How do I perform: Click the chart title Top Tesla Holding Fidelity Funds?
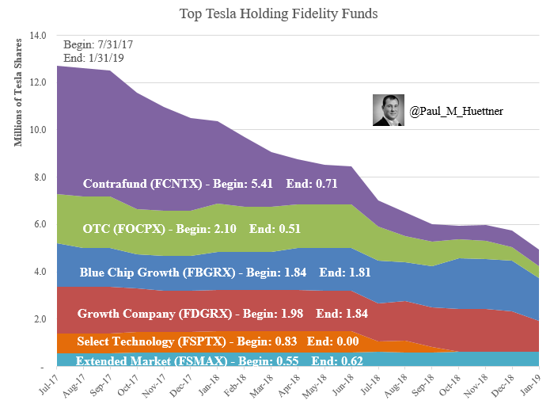tap(278, 13)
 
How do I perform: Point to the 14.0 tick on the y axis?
tap(38, 36)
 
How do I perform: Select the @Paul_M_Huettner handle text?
tap(456, 112)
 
